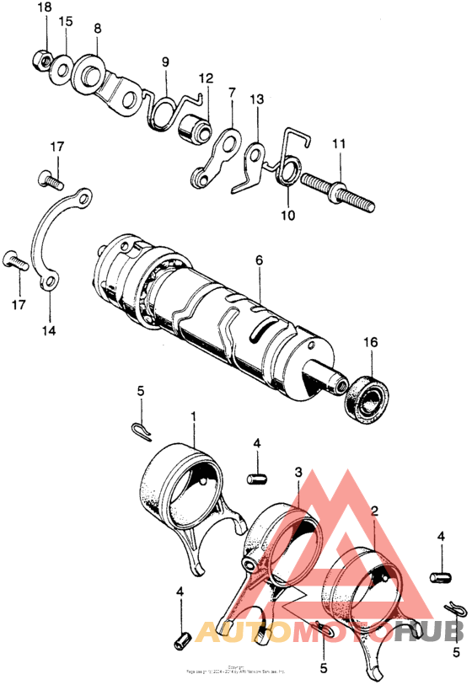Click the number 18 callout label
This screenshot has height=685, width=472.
(45, 8)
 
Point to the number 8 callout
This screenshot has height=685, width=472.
(98, 28)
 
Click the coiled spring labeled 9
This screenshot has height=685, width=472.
(162, 111)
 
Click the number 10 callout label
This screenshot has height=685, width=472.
(288, 215)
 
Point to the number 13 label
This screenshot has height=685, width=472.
(257, 99)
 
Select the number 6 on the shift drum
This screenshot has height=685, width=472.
(260, 260)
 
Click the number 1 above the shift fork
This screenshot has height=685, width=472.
(194, 416)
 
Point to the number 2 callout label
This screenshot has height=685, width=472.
(374, 511)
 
